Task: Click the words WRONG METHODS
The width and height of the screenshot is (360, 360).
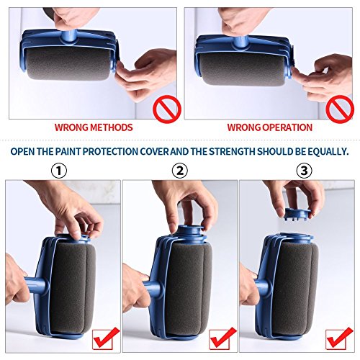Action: [94, 127]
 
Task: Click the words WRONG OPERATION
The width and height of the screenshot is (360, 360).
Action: [270, 127]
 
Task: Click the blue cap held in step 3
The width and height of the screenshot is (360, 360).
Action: [296, 213]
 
